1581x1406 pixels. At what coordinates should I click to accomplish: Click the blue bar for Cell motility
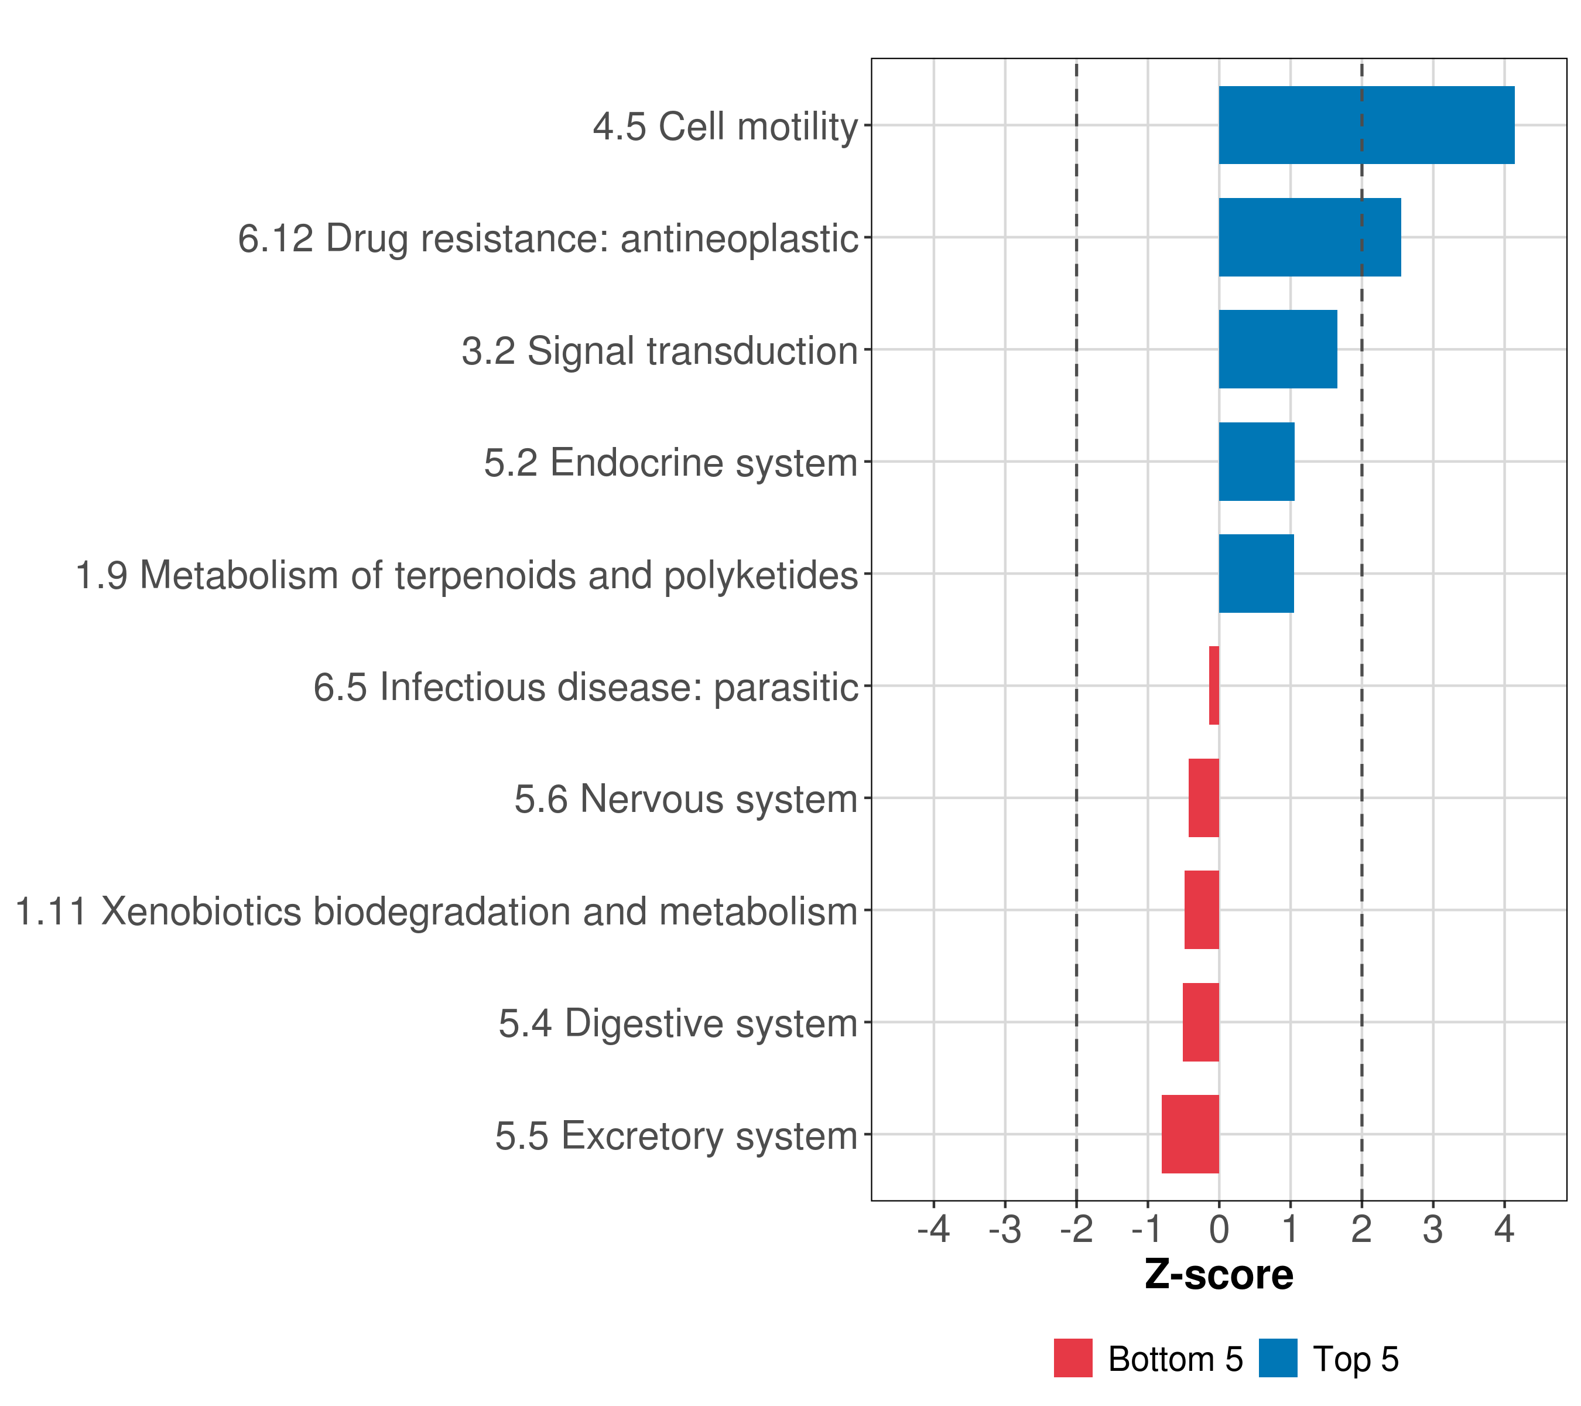tap(1366, 125)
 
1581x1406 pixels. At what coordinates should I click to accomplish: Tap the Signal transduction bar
tap(1278, 349)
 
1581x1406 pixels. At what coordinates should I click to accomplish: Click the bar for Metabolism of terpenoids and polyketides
tap(1256, 574)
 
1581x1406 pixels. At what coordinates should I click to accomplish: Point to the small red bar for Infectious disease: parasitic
tap(1214, 685)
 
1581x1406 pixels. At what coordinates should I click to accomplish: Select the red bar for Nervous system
tap(1203, 798)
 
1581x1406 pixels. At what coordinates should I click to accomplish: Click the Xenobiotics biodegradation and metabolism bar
tap(1201, 910)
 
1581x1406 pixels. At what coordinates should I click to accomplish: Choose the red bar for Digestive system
tap(1200, 1022)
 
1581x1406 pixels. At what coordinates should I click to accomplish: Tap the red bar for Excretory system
tap(1190, 1134)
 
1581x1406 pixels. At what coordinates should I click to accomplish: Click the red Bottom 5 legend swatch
tap(1073, 1358)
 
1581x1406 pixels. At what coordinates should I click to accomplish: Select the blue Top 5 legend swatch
tap(1278, 1358)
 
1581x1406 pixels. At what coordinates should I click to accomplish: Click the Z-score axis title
tap(1218, 1274)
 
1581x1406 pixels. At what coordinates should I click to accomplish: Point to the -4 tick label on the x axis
tap(933, 1230)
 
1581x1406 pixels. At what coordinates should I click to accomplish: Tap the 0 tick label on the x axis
tap(1219, 1230)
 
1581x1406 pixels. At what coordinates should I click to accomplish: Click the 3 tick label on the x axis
tap(1432, 1230)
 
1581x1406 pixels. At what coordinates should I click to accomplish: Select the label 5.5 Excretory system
tap(676, 1136)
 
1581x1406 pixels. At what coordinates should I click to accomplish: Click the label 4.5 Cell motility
tap(725, 126)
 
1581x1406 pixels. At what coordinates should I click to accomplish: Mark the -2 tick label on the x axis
tap(1075, 1230)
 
